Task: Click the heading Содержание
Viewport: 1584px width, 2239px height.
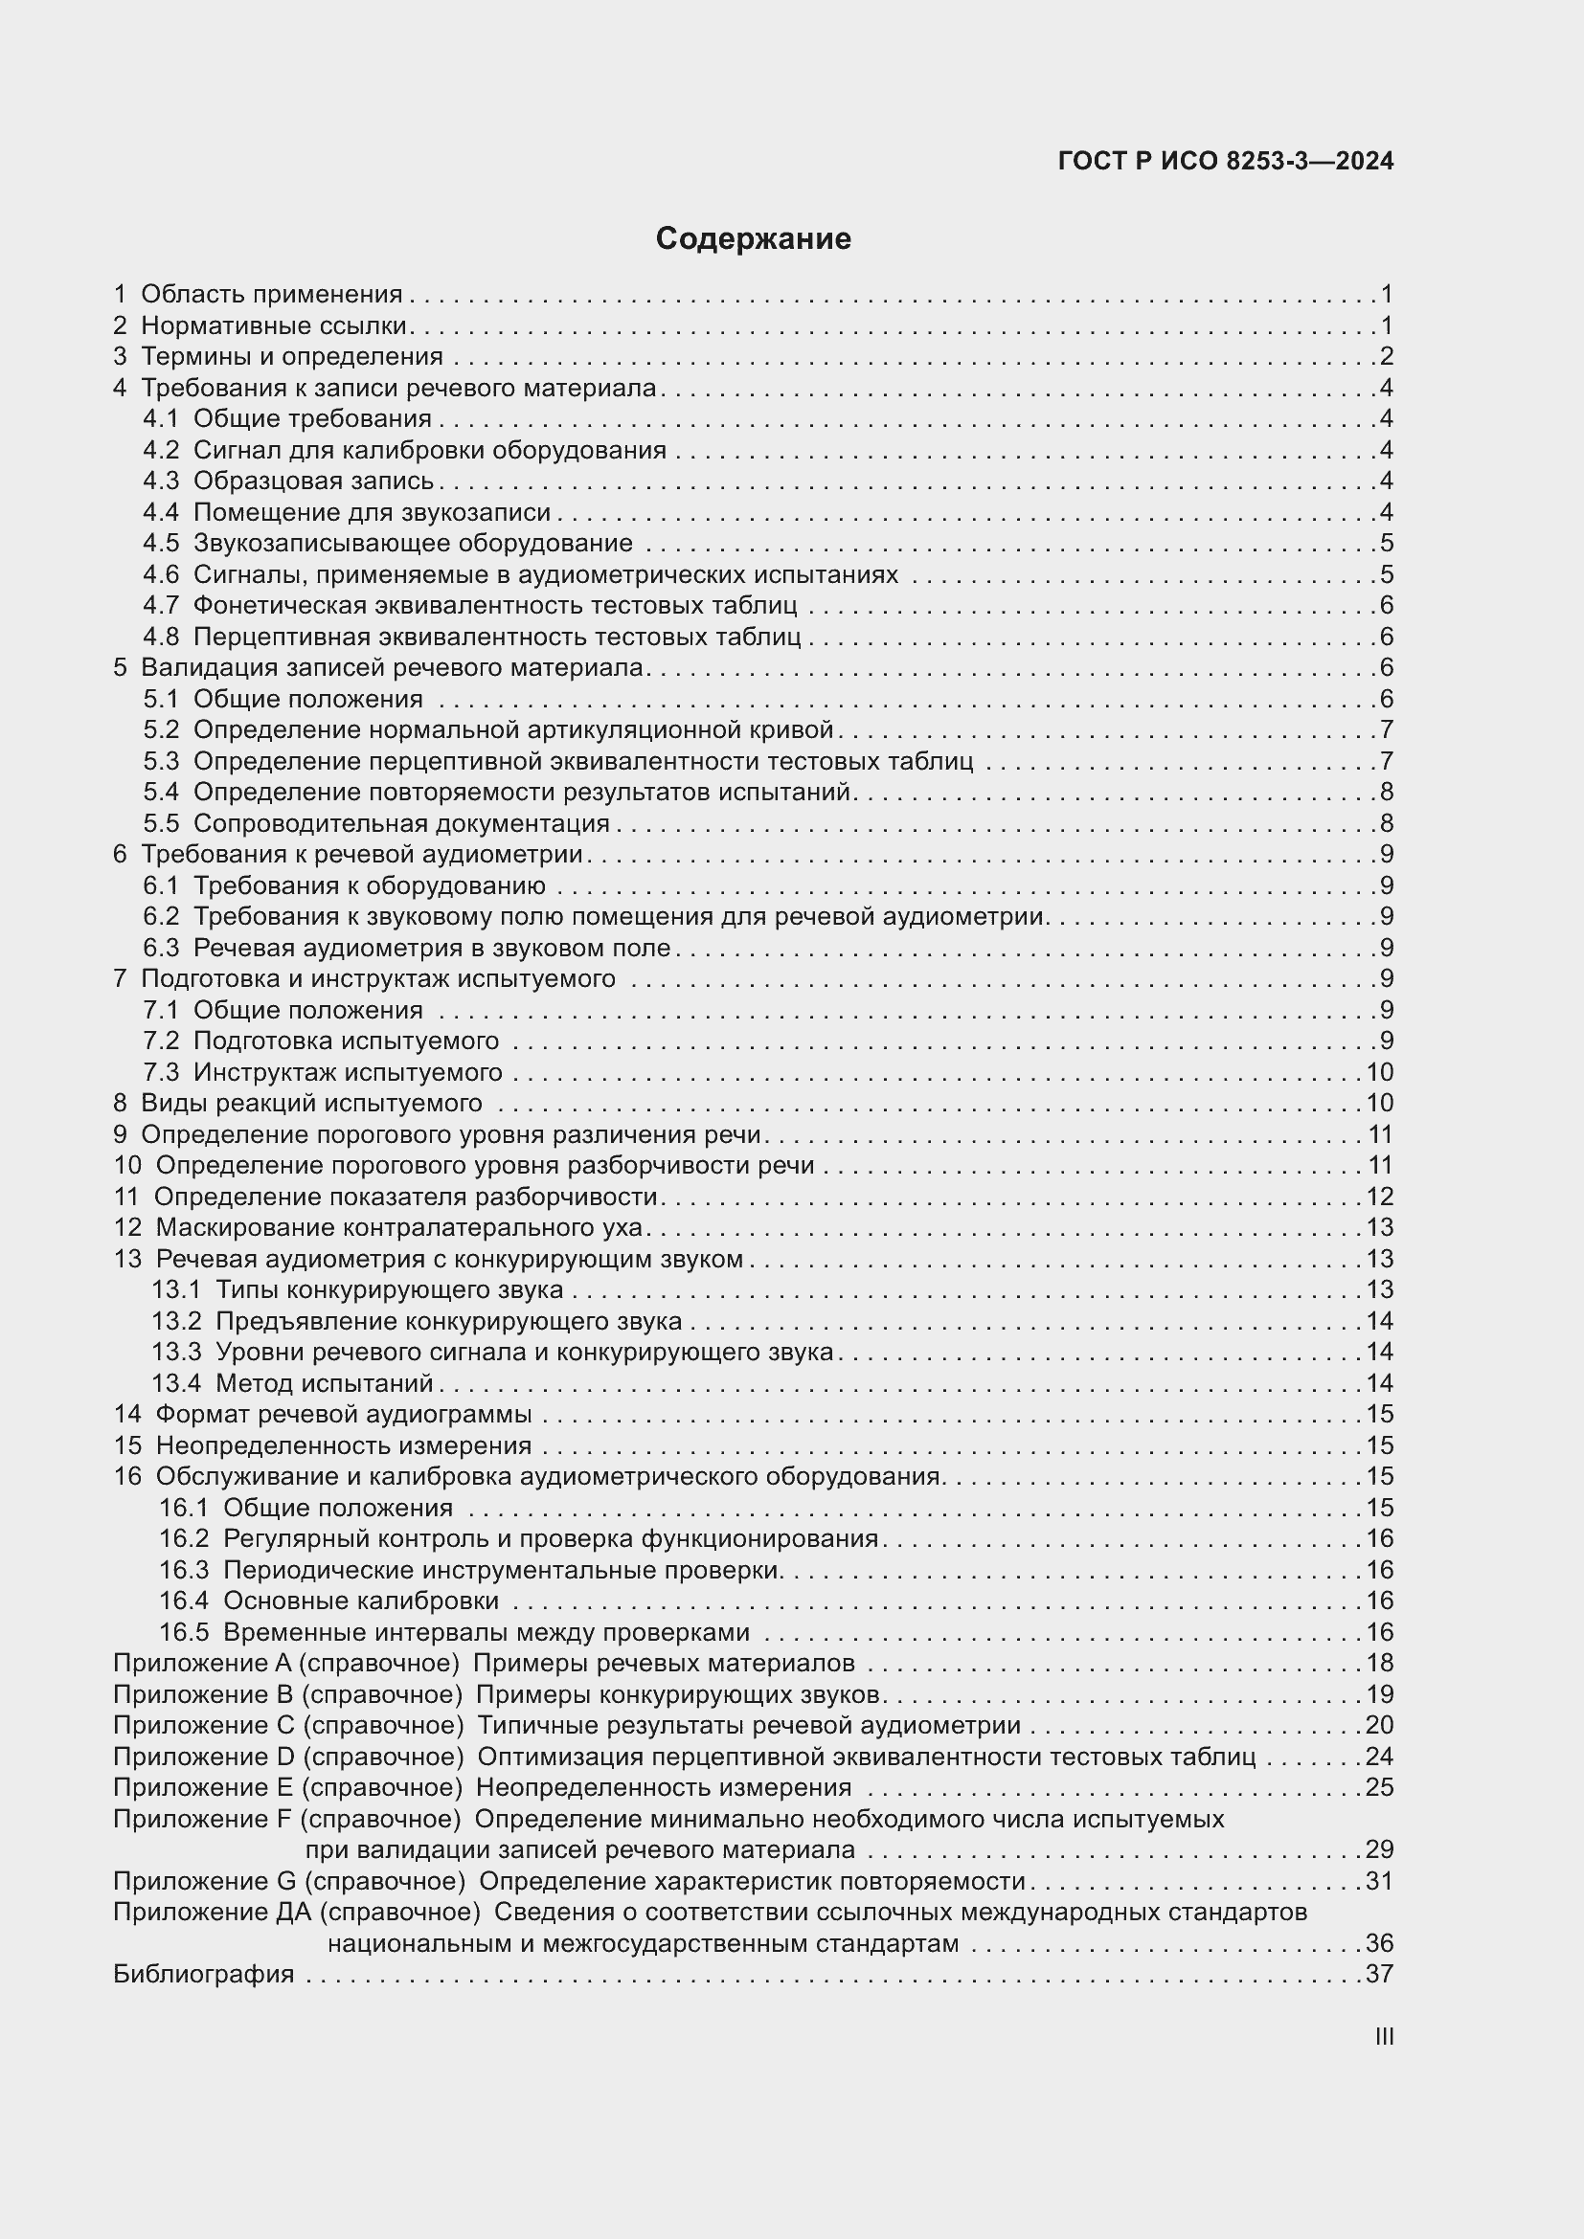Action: point(753,239)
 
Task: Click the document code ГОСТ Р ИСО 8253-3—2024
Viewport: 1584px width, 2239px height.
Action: point(1225,162)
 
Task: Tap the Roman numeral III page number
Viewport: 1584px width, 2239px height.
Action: point(1383,2037)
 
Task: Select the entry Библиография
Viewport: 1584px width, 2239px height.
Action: point(204,1975)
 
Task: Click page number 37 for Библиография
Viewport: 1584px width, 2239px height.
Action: point(1379,1975)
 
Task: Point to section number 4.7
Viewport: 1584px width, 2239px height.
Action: point(161,606)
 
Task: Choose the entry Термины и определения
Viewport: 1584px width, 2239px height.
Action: point(292,357)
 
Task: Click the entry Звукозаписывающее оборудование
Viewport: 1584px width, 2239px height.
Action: point(413,543)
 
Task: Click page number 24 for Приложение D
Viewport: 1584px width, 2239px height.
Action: point(1379,1757)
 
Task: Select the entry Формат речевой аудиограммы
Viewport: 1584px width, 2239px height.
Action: point(344,1414)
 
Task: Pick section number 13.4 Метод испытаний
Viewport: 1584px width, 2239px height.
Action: point(175,1383)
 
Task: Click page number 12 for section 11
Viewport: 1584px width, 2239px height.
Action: point(1379,1197)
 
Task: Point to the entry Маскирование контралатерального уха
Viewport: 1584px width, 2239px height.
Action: point(399,1228)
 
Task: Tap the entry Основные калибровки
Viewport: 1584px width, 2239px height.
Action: point(361,1601)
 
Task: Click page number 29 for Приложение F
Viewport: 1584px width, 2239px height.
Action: point(1379,1850)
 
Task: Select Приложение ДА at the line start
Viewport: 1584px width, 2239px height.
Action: point(212,1913)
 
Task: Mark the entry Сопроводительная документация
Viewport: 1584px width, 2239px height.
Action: point(401,824)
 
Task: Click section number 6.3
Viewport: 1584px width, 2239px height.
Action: point(161,948)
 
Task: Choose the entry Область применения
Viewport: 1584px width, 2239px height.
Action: point(271,295)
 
